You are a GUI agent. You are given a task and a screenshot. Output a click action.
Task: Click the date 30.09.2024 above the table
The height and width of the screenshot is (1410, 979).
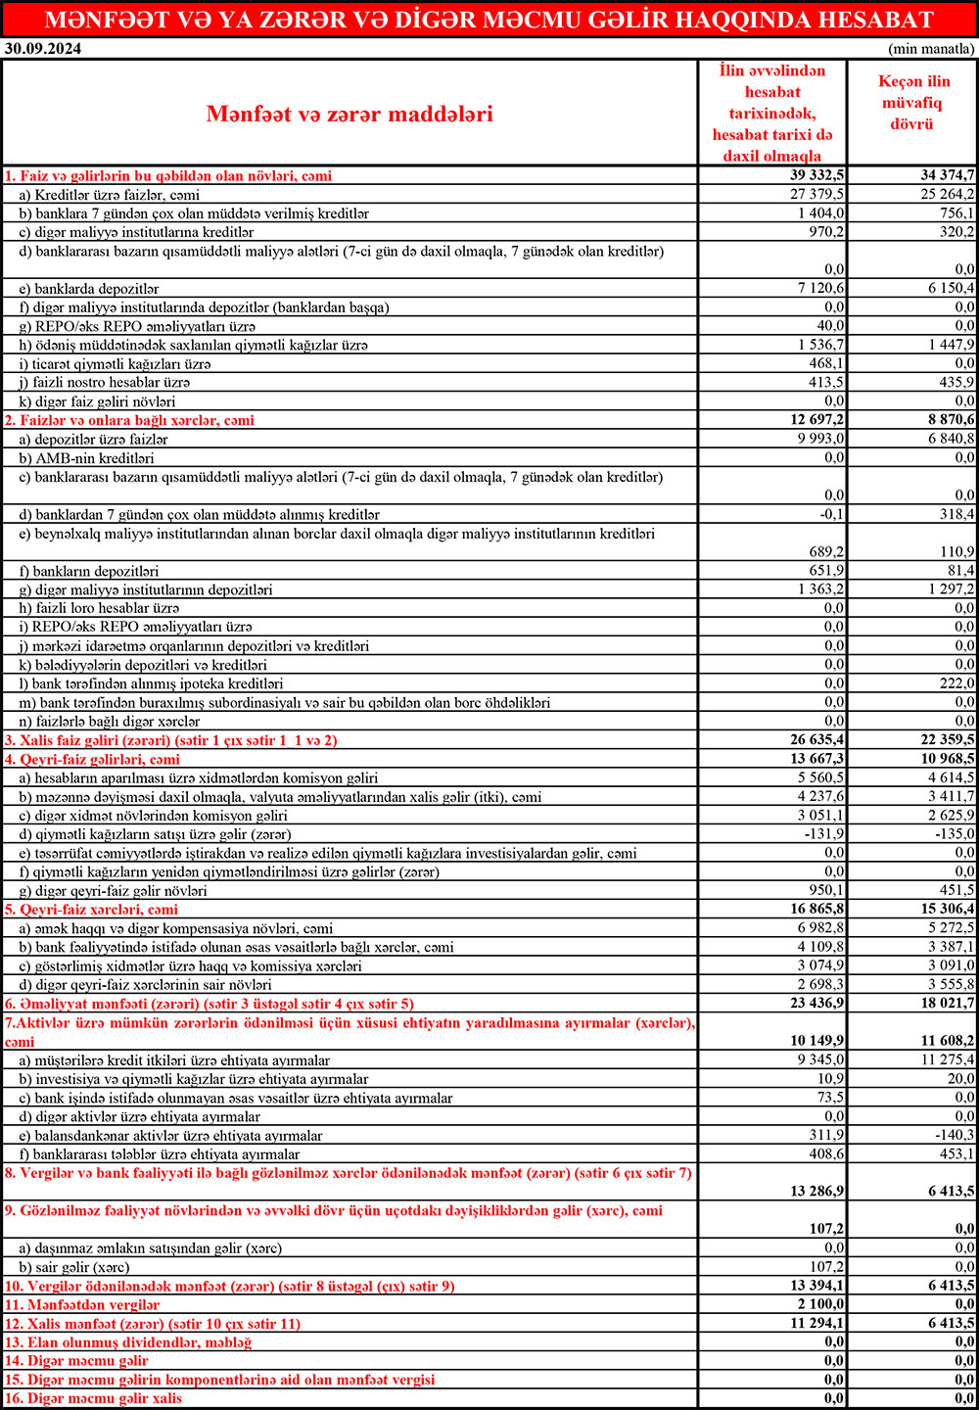click(x=43, y=48)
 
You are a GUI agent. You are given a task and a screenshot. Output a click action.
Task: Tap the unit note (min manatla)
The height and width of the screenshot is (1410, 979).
click(x=931, y=48)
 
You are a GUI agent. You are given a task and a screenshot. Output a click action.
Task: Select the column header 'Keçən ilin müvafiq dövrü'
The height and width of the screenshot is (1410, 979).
click(x=912, y=103)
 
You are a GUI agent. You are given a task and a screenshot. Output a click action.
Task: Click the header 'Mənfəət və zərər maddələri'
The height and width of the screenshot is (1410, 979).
click(x=350, y=114)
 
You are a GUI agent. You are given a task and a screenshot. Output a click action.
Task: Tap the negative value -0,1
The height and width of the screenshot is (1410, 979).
click(x=832, y=514)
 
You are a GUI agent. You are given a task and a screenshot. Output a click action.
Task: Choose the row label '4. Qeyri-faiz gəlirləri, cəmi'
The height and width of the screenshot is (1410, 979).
click(x=93, y=759)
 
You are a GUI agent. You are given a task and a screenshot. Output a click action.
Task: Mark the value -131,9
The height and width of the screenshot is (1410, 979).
click(x=823, y=834)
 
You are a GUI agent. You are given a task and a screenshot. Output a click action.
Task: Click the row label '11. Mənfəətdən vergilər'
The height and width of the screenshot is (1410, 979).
click(x=82, y=1305)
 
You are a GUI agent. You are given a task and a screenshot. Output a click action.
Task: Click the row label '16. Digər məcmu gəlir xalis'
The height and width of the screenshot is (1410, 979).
click(x=93, y=1398)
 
